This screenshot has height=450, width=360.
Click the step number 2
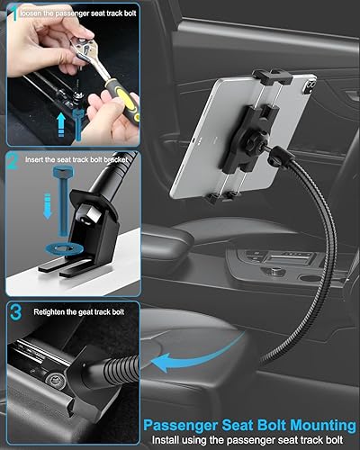click(x=12, y=163)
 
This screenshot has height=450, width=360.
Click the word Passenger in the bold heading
click(x=191, y=424)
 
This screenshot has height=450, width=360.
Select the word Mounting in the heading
click(x=316, y=424)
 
